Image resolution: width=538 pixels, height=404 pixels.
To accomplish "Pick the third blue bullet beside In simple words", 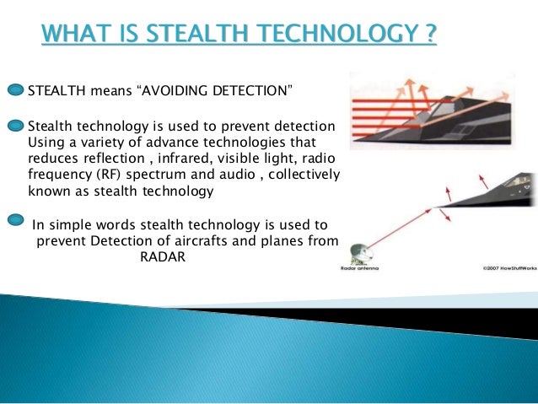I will [17, 222].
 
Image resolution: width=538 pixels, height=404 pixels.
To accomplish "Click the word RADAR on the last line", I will [158, 258].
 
